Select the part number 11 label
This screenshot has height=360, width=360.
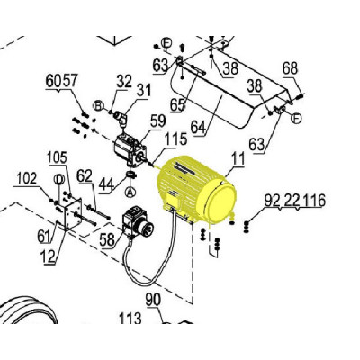[238, 158]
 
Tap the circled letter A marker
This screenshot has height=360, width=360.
[130, 192]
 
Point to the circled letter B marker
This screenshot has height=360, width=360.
[98, 106]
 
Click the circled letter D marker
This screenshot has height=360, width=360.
[58, 179]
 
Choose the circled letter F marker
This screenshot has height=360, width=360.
[297, 119]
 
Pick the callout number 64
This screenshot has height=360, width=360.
[199, 128]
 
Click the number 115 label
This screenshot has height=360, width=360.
[176, 139]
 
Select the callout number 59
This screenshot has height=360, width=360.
[157, 121]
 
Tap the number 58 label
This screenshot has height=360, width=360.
[107, 239]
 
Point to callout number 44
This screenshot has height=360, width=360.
[107, 184]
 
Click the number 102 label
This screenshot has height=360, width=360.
[27, 178]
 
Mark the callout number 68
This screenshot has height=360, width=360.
[290, 68]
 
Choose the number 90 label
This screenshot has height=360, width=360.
[153, 300]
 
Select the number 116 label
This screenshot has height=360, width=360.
[314, 201]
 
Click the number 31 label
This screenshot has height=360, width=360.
[144, 90]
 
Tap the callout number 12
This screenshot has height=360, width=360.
[48, 256]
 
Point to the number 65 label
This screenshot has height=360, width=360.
[177, 105]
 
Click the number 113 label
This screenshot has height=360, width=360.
[130, 318]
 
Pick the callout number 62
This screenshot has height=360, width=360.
[85, 176]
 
